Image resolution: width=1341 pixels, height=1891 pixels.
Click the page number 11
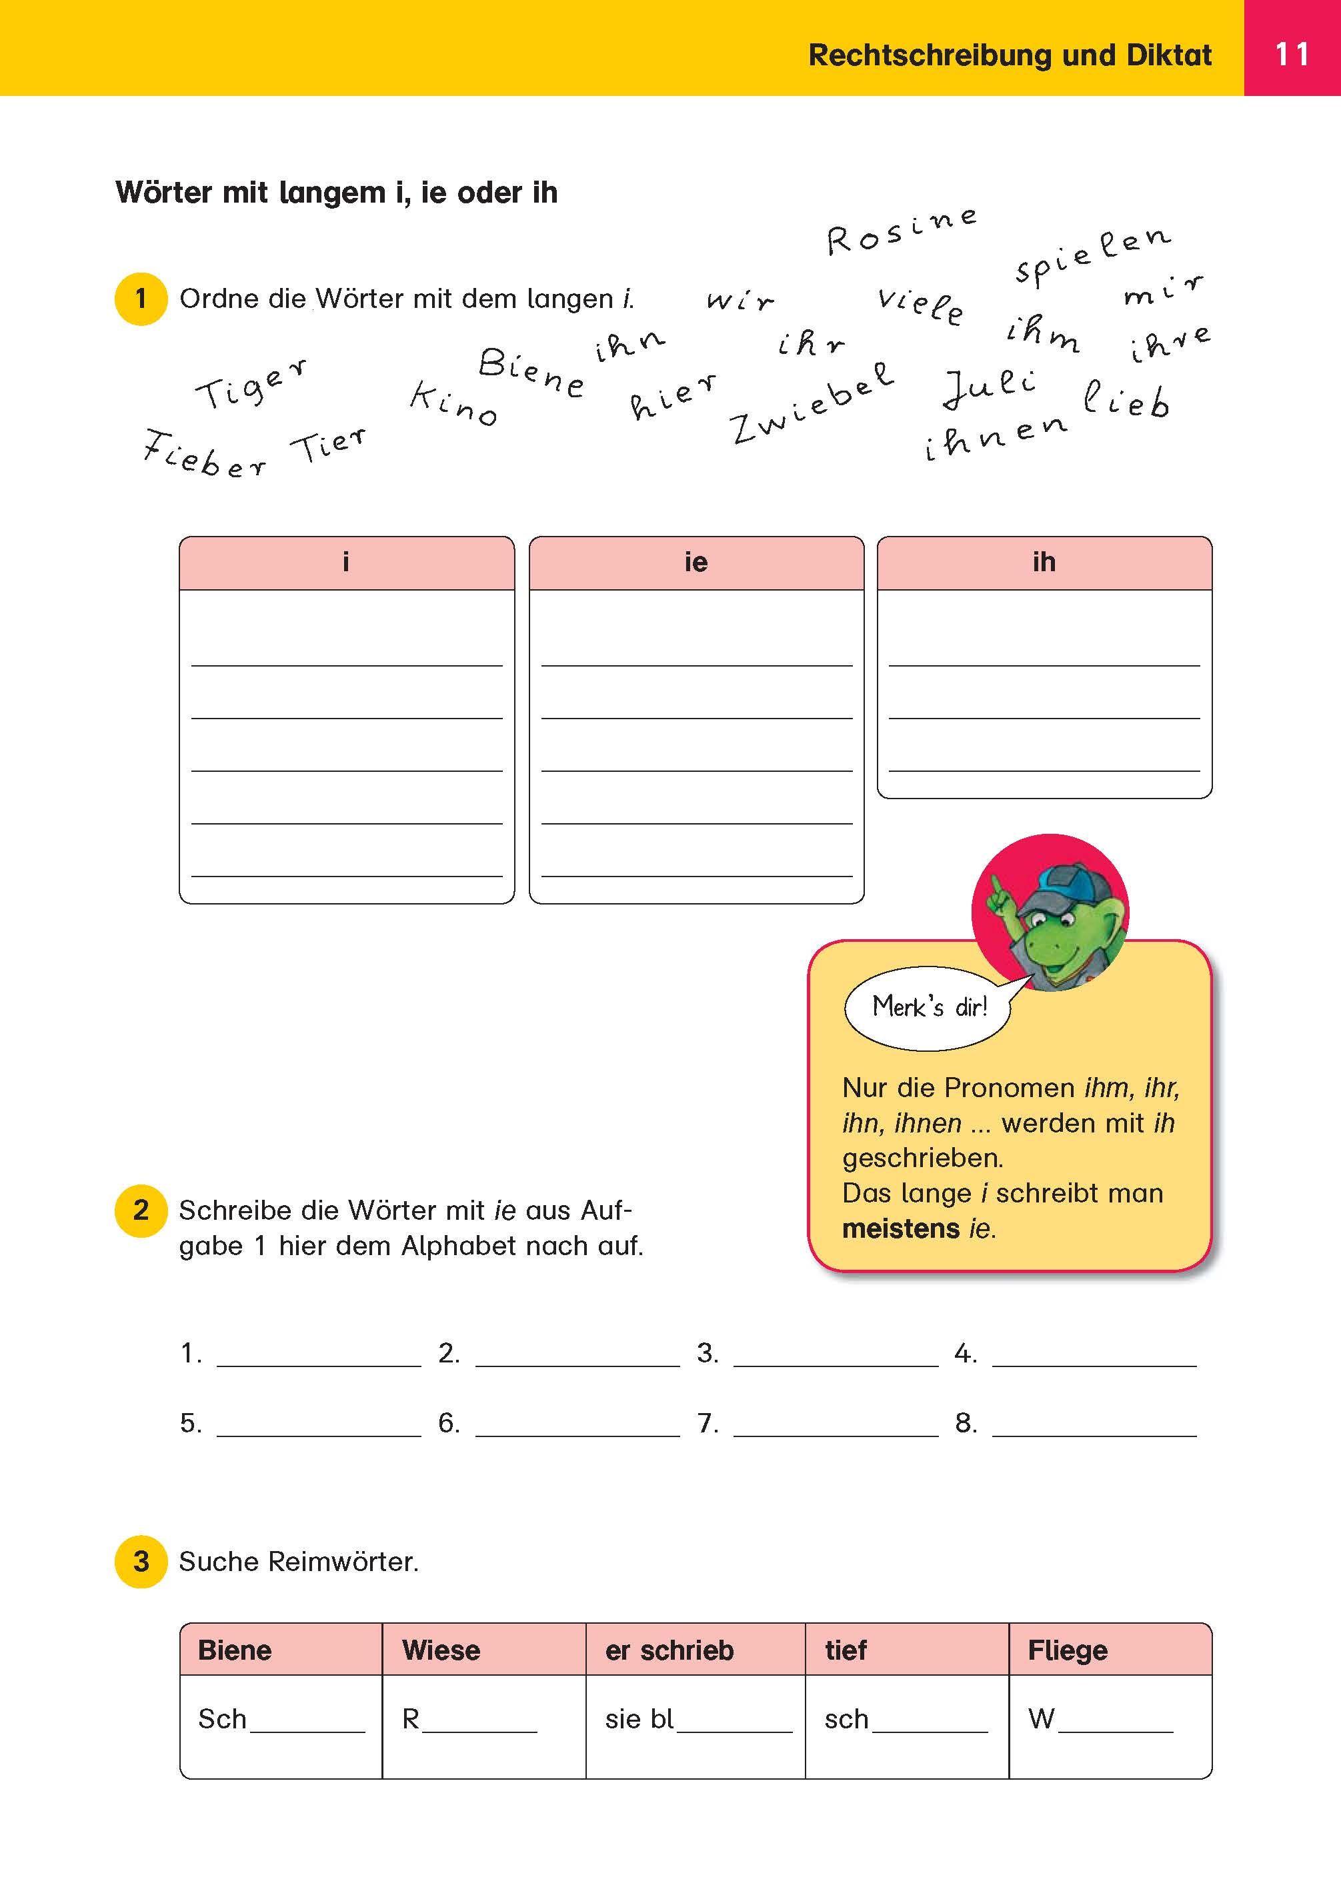(x=1292, y=55)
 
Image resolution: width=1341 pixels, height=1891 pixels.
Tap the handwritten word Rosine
(x=902, y=232)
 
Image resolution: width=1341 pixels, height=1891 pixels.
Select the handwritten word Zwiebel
(x=812, y=405)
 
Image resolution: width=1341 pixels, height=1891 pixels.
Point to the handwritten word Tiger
(x=251, y=385)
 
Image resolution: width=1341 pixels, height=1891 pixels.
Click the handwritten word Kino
(x=453, y=404)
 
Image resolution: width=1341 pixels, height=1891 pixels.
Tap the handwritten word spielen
(x=1092, y=253)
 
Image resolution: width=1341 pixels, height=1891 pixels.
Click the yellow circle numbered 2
(x=141, y=1210)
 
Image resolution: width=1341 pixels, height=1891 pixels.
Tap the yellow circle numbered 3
(x=141, y=1562)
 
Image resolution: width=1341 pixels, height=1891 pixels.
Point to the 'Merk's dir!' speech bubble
(x=929, y=1007)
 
